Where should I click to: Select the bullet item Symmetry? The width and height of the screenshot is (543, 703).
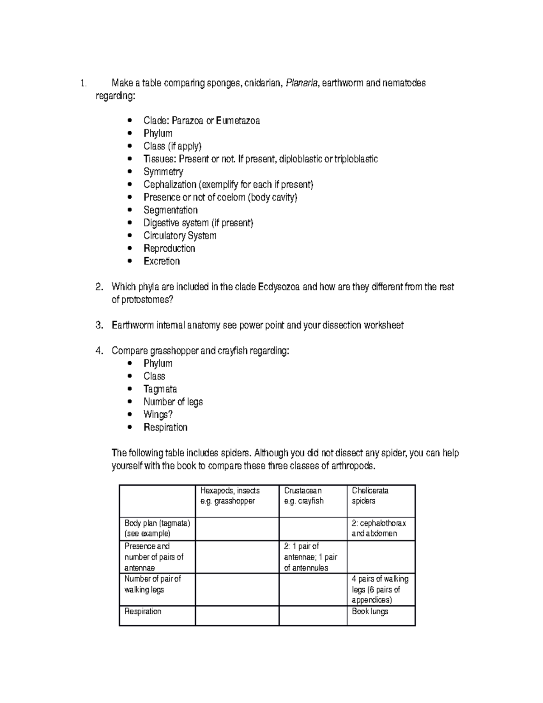click(x=163, y=172)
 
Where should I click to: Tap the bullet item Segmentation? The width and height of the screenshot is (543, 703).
click(x=171, y=210)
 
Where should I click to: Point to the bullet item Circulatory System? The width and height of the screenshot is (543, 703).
click(x=180, y=236)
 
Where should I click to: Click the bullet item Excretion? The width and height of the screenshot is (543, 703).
click(x=162, y=261)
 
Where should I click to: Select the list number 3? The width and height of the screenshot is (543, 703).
click(x=100, y=325)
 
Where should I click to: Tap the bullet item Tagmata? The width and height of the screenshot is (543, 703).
click(x=160, y=389)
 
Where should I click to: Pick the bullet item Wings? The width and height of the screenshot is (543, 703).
click(x=158, y=415)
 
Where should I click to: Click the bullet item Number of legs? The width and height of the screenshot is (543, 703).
click(x=173, y=402)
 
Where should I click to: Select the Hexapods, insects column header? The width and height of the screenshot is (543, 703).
click(x=230, y=496)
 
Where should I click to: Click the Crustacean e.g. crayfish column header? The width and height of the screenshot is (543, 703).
click(x=304, y=496)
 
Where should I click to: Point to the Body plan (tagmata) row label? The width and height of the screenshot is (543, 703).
click(x=157, y=528)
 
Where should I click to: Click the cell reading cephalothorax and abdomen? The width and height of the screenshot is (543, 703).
click(x=379, y=528)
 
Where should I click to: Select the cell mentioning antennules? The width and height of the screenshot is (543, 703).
click(x=310, y=557)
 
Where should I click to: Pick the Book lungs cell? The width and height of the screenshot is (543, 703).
click(x=370, y=612)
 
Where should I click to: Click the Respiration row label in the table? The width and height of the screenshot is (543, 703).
click(x=143, y=612)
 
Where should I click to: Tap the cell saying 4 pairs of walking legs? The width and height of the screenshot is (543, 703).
click(x=380, y=589)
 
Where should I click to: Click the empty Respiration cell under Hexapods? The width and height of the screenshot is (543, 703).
click(x=237, y=616)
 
